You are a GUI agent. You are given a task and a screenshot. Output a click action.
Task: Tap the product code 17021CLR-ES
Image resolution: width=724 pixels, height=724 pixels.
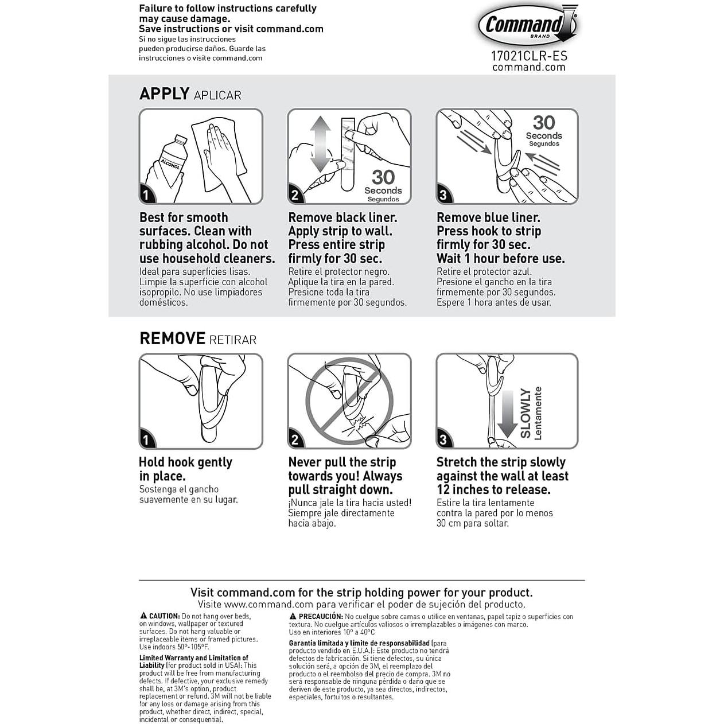(x=528, y=56)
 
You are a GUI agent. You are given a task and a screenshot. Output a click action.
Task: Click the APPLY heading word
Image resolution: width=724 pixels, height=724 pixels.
(x=164, y=94)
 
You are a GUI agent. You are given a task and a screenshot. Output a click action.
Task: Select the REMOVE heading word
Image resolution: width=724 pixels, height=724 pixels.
(x=172, y=338)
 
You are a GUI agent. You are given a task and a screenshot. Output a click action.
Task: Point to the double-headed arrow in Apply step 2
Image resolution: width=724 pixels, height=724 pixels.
(x=320, y=144)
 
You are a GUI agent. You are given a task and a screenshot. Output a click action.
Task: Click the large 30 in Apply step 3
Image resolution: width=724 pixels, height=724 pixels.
(x=543, y=122)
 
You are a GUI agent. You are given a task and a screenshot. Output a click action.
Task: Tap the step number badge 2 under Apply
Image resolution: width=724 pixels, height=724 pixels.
(x=295, y=195)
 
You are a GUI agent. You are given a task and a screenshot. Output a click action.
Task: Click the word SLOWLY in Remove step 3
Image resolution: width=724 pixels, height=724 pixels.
(x=525, y=413)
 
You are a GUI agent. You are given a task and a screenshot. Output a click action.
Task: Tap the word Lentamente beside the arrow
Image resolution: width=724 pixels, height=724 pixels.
(x=538, y=413)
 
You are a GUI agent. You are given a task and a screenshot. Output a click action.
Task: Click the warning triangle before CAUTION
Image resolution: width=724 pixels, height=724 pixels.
(x=143, y=616)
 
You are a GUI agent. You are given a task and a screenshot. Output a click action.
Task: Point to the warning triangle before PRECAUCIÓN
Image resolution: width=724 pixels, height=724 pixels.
(x=293, y=616)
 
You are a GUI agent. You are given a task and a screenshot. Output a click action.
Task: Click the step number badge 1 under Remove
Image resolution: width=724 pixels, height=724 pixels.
(x=146, y=440)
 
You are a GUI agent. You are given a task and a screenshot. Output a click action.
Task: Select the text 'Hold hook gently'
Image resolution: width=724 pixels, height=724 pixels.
(x=185, y=462)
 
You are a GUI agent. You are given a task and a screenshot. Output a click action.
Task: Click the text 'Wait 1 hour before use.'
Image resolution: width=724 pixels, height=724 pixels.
(x=500, y=259)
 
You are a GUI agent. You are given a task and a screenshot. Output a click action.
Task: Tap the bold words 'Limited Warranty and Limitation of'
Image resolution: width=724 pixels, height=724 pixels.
(x=193, y=658)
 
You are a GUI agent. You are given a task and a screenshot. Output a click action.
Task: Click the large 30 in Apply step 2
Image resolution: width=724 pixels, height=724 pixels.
(x=383, y=177)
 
